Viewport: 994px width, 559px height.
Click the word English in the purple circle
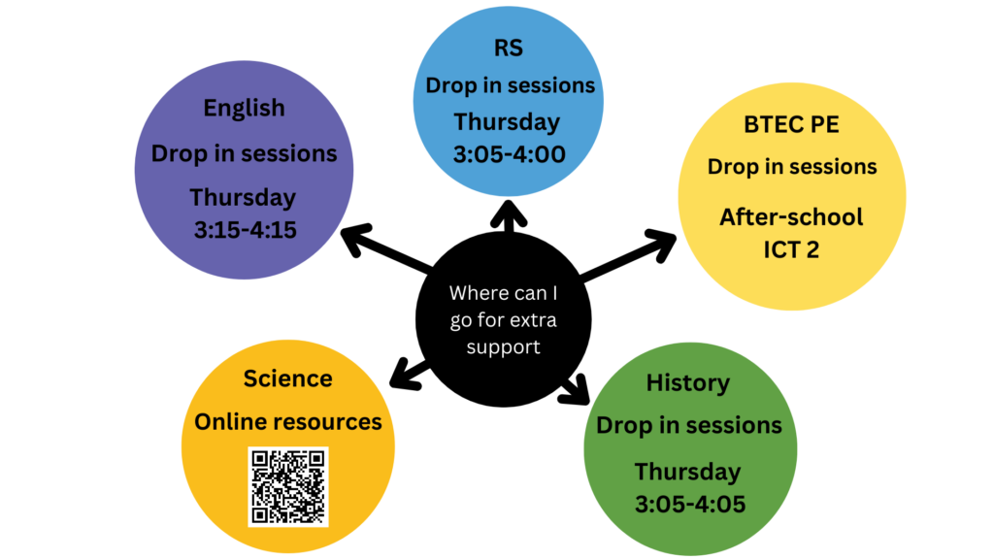[244, 109]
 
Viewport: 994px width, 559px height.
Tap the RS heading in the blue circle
[509, 48]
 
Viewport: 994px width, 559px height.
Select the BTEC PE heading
[791, 124]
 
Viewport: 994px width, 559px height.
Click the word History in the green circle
[688, 383]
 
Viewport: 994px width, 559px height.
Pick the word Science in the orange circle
[287, 378]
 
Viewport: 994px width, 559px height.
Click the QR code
[288, 487]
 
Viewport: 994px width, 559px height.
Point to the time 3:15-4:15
[246, 229]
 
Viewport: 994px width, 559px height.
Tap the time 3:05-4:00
[509, 154]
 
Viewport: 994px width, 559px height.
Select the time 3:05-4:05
[690, 505]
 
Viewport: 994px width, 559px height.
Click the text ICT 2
[791, 249]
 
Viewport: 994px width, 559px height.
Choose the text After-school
[791, 217]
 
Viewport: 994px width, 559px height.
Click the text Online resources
[287, 422]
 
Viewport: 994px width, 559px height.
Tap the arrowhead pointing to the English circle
[355, 239]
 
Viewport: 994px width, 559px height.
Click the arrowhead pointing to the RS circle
[509, 214]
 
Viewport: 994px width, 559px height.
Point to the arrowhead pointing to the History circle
[576, 390]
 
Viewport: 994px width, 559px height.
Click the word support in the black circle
[504, 347]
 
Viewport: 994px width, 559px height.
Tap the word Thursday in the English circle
[243, 198]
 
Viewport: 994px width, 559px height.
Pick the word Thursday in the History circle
[688, 473]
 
